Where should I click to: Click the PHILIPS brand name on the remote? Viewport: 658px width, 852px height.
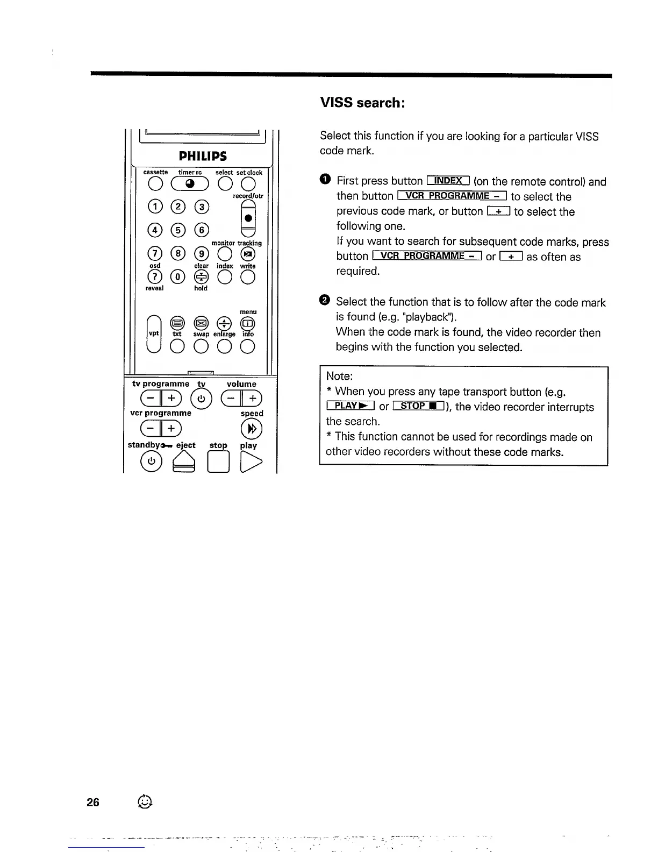(x=203, y=156)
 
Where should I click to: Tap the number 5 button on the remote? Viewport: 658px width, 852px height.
(x=178, y=230)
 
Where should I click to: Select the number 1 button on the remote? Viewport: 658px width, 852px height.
(x=155, y=207)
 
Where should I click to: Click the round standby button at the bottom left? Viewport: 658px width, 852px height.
(x=151, y=461)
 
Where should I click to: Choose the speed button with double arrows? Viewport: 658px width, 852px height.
(x=251, y=429)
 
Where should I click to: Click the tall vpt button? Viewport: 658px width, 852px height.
(x=154, y=333)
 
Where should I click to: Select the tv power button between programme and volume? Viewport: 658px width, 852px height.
(x=201, y=399)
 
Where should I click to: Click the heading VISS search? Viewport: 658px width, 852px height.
(x=362, y=102)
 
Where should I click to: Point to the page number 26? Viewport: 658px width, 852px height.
(x=93, y=802)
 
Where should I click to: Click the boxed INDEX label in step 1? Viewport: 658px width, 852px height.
(x=448, y=181)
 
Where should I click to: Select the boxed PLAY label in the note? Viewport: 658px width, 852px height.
(x=350, y=406)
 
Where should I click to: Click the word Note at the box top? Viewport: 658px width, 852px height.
(x=339, y=376)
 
